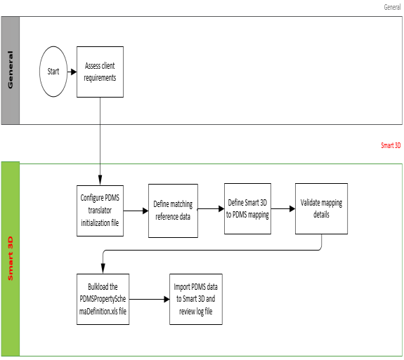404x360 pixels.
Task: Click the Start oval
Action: pyautogui.click(x=53, y=72)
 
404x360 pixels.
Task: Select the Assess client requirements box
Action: pyautogui.click(x=100, y=72)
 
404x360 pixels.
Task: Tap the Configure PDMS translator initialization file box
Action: pyautogui.click(x=100, y=211)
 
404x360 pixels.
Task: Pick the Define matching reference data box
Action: pyautogui.click(x=173, y=211)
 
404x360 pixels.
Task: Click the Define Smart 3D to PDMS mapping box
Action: pyautogui.click(x=247, y=208)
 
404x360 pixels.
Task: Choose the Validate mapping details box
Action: pyautogui.click(x=321, y=208)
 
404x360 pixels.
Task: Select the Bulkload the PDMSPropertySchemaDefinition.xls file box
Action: pyautogui.click(x=103, y=299)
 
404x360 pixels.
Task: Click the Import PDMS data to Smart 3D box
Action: pyautogui.click(x=196, y=299)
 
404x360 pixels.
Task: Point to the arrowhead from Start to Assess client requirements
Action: pyautogui.click(x=74, y=72)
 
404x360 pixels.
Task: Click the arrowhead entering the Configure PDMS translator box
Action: pyautogui.click(x=100, y=180)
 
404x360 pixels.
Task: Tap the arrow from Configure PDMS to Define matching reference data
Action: pyautogui.click(x=136, y=211)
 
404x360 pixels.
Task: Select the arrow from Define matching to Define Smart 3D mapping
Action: pyautogui.click(x=211, y=208)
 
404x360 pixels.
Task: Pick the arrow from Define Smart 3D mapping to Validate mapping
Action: pyautogui.click(x=283, y=208)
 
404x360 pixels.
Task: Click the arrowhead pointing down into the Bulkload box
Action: pyautogui.click(x=103, y=269)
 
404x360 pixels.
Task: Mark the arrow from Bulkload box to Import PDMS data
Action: pyautogui.click(x=149, y=299)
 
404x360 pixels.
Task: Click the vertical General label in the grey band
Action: pyautogui.click(x=11, y=69)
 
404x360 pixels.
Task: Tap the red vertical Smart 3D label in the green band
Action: pyautogui.click(x=11, y=258)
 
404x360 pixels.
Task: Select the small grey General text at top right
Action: pyautogui.click(x=392, y=7)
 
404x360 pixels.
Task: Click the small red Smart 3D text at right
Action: pyautogui.click(x=391, y=145)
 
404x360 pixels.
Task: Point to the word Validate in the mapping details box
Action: pyautogui.click(x=310, y=203)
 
